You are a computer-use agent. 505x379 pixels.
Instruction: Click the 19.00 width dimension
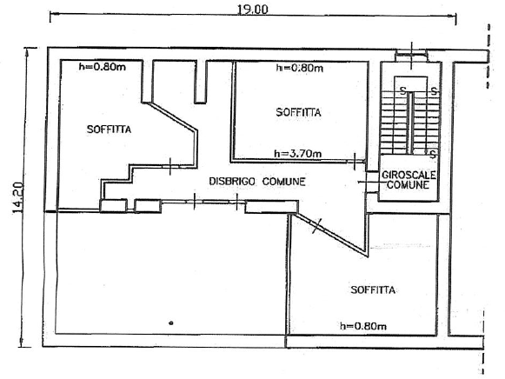pyautogui.click(x=252, y=9)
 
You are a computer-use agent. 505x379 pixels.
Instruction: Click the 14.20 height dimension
pyautogui.click(x=18, y=197)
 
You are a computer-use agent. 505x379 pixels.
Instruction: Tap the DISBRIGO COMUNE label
pyautogui.click(x=257, y=182)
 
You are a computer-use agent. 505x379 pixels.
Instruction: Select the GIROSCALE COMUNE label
pyautogui.click(x=409, y=180)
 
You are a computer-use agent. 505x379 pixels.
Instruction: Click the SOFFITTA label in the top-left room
pyautogui.click(x=109, y=130)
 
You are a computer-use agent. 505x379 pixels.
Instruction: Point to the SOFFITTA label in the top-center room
pyautogui.click(x=298, y=112)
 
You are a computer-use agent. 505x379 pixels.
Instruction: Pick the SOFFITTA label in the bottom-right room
pyautogui.click(x=373, y=289)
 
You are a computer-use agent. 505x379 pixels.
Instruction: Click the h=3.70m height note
pyautogui.click(x=298, y=154)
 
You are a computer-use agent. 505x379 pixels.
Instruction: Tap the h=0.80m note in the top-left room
pyautogui.click(x=102, y=67)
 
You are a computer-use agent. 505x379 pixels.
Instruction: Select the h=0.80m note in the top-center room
pyautogui.click(x=300, y=68)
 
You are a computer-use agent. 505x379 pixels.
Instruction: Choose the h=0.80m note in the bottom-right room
pyautogui.click(x=363, y=326)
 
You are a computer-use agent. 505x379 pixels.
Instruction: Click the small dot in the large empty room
pyautogui.click(x=171, y=322)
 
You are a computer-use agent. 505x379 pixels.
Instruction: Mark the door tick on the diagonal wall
pyautogui.click(x=317, y=226)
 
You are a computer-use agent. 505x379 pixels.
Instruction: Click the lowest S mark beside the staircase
pyautogui.click(x=433, y=154)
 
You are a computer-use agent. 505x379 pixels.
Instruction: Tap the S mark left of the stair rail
pyautogui.click(x=402, y=90)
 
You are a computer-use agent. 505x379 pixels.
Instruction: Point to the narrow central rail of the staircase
pyautogui.click(x=410, y=123)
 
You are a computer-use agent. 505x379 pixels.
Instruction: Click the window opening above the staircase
pyautogui.click(x=411, y=55)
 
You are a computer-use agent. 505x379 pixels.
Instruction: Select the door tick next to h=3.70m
pyautogui.click(x=355, y=162)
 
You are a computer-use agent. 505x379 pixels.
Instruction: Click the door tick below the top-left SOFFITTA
pyautogui.click(x=170, y=166)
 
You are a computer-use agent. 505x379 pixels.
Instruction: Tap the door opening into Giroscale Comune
pyautogui.click(x=372, y=183)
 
